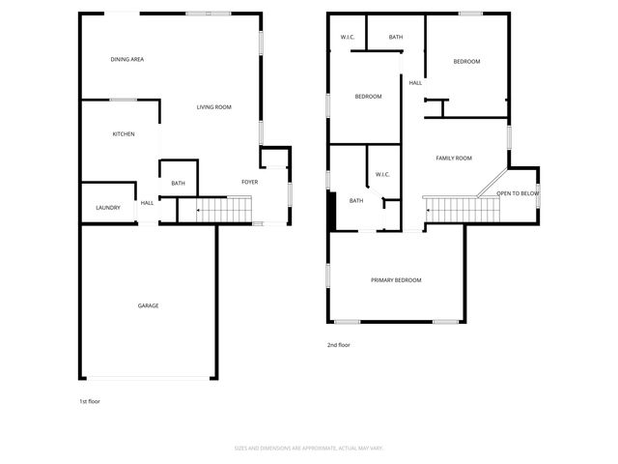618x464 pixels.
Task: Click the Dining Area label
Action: [x=127, y=60]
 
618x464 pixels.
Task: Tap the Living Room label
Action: [x=213, y=107]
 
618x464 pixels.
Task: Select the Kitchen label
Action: [x=124, y=133]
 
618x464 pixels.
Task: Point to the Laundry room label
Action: [x=107, y=208]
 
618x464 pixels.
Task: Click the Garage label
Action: [x=148, y=305]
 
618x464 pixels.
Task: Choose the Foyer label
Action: [x=249, y=182]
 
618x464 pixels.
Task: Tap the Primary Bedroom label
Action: [x=396, y=280]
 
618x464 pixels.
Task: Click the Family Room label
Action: [x=453, y=158]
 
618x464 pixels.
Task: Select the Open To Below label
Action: [x=518, y=193]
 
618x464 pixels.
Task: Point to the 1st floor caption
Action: [x=89, y=400]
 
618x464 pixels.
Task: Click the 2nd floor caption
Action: [x=338, y=343]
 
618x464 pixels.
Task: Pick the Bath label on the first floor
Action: [x=178, y=183]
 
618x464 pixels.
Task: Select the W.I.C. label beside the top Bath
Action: [x=348, y=37]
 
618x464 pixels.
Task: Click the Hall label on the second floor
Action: [x=415, y=82]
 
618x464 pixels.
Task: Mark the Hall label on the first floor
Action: [x=148, y=203]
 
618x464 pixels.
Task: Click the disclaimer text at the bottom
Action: [x=309, y=448]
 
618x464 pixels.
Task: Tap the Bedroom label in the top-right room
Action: [x=466, y=61]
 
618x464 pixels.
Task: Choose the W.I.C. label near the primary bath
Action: [x=381, y=174]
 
